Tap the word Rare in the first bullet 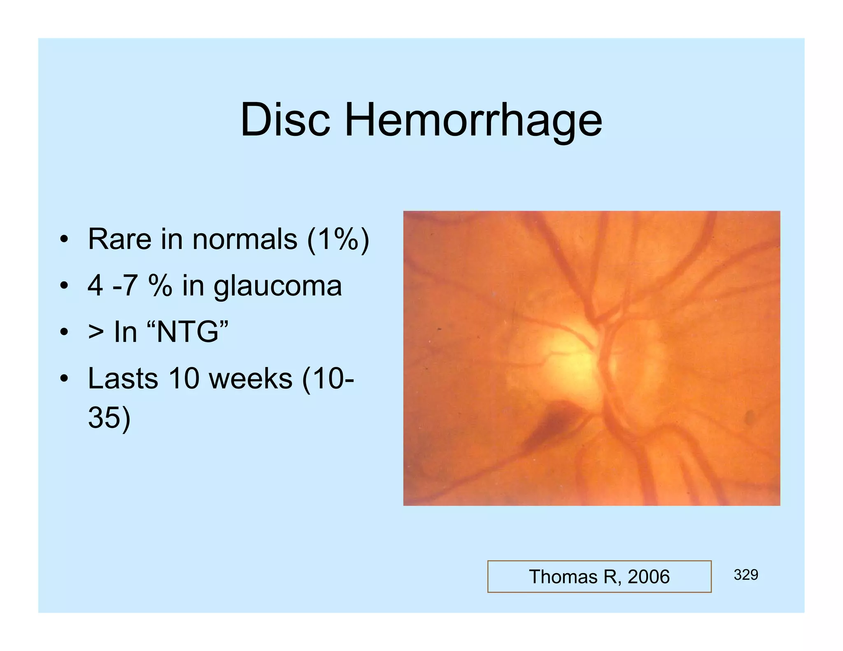point(119,239)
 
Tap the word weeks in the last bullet point(251,379)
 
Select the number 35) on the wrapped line point(109,418)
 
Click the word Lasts point(123,379)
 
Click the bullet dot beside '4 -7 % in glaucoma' point(63,286)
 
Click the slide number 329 point(745,575)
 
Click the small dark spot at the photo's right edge point(750,417)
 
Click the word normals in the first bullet point(245,239)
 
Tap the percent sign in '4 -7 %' point(160,286)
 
